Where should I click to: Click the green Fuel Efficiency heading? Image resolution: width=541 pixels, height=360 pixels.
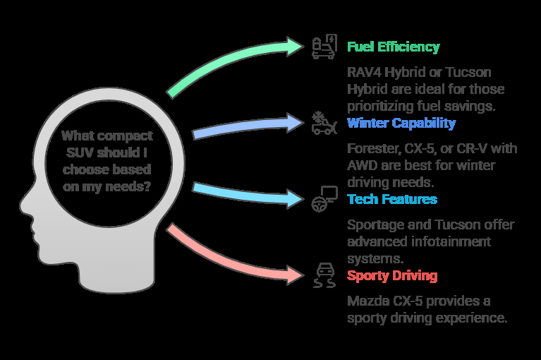point(393,47)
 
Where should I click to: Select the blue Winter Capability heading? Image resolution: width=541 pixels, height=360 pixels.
point(401,124)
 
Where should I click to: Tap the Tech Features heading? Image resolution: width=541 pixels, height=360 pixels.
point(391,199)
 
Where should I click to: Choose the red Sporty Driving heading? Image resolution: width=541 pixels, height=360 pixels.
point(391,275)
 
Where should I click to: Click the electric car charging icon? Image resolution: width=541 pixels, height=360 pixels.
point(324,47)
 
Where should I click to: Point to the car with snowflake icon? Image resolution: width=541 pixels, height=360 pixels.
point(324,122)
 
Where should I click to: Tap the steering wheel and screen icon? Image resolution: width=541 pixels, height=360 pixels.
point(324,198)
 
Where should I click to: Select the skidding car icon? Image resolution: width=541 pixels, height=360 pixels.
point(324,275)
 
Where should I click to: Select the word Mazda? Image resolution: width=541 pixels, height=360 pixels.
point(365,301)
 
